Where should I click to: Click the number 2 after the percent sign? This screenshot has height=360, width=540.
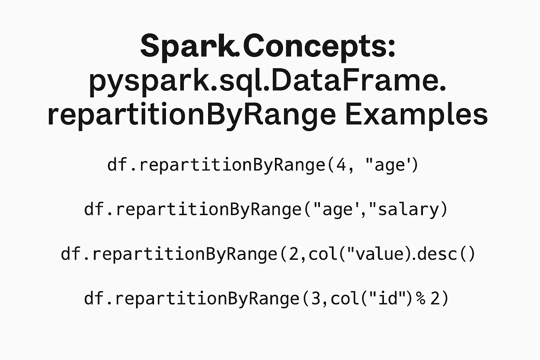(x=435, y=298)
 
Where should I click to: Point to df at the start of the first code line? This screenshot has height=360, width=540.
(x=115, y=165)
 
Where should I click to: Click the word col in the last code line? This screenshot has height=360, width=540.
(x=345, y=298)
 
